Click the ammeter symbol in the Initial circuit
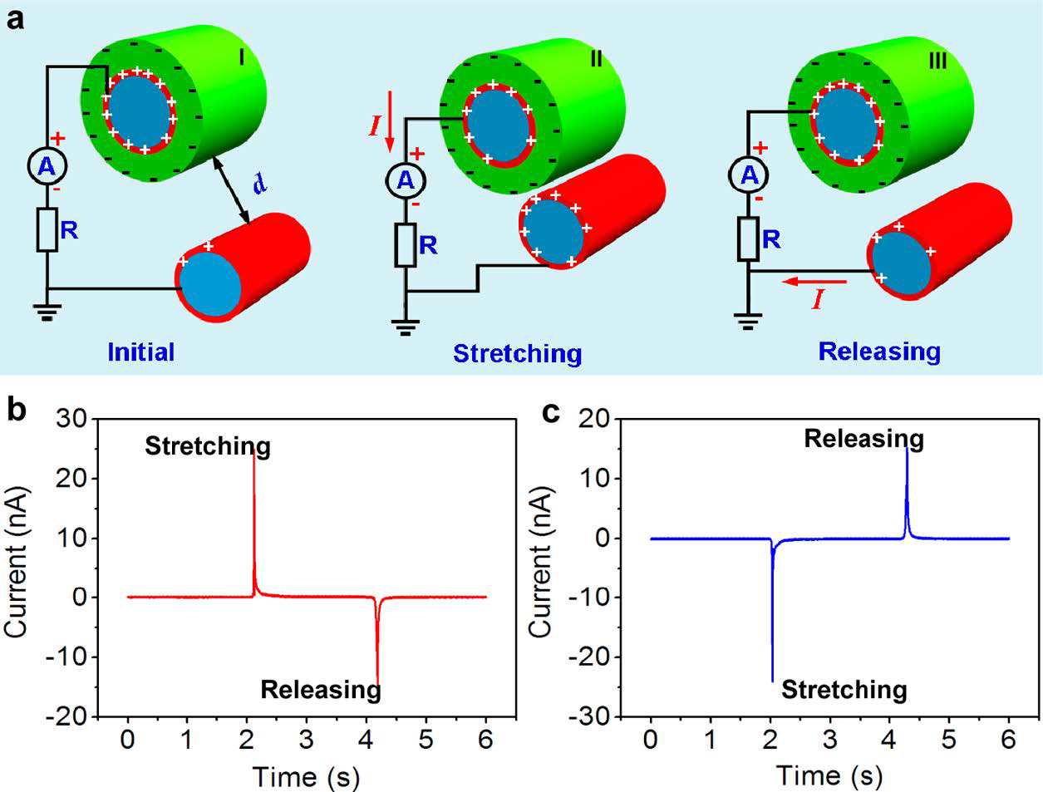click(x=47, y=166)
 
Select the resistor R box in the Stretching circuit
click(x=406, y=244)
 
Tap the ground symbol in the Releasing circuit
click(x=748, y=321)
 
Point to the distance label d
click(x=260, y=183)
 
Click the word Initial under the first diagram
click(x=141, y=352)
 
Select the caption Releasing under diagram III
click(x=879, y=352)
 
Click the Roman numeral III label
click(x=937, y=61)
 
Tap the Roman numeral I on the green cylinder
click(x=241, y=57)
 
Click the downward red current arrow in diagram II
click(x=390, y=121)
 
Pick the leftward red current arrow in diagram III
click(x=814, y=283)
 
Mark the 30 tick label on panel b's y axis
click(x=71, y=419)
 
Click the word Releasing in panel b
click(x=321, y=691)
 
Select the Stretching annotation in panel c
click(x=844, y=690)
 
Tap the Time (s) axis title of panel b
click(x=306, y=777)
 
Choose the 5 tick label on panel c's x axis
click(x=948, y=740)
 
